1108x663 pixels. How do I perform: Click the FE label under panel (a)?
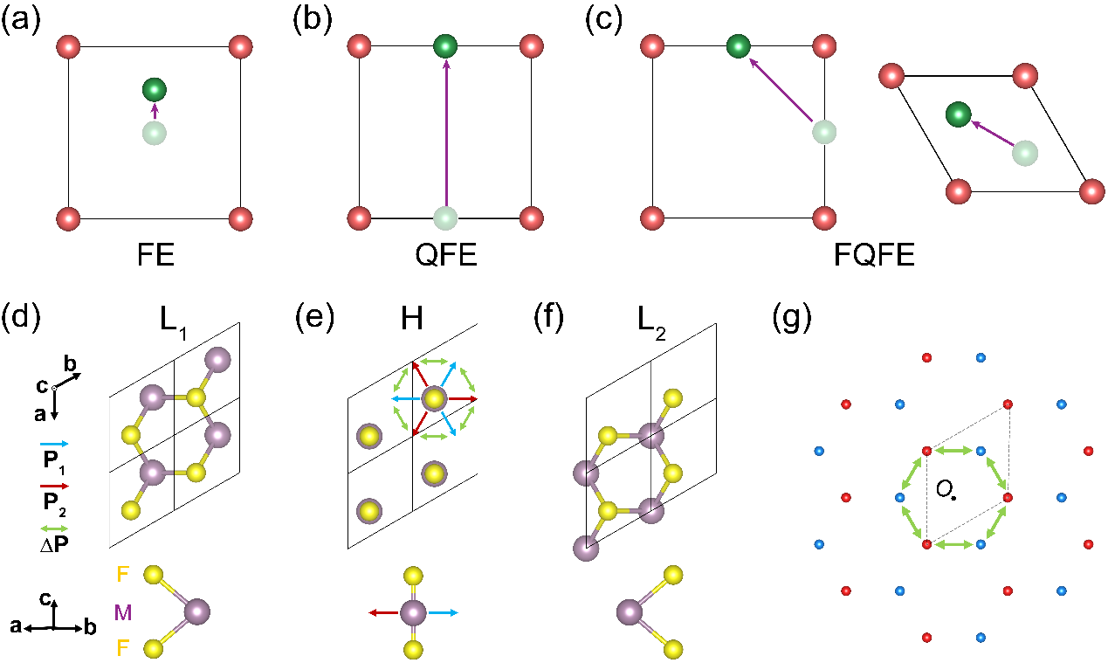[x=155, y=255]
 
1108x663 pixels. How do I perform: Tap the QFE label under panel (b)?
[x=445, y=255]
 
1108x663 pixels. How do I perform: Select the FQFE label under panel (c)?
[x=874, y=255]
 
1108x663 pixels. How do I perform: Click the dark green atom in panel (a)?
[x=155, y=90]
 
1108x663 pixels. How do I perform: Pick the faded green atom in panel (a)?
[x=155, y=133]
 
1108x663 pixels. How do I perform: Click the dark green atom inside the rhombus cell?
[x=958, y=114]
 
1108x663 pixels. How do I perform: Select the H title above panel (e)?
[x=411, y=319]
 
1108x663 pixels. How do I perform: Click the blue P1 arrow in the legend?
[x=54, y=445]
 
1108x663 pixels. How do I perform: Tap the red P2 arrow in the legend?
[x=54, y=486]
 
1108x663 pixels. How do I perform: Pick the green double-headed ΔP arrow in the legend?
[x=54, y=528]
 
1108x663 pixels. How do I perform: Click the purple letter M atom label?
[x=123, y=613]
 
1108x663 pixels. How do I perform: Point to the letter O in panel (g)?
[x=943, y=490]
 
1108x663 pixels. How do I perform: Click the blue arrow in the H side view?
[x=444, y=613]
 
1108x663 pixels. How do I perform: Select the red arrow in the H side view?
[x=384, y=613]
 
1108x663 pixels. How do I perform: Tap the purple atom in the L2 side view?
[x=630, y=612]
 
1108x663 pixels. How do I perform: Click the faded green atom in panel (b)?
[x=445, y=218]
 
